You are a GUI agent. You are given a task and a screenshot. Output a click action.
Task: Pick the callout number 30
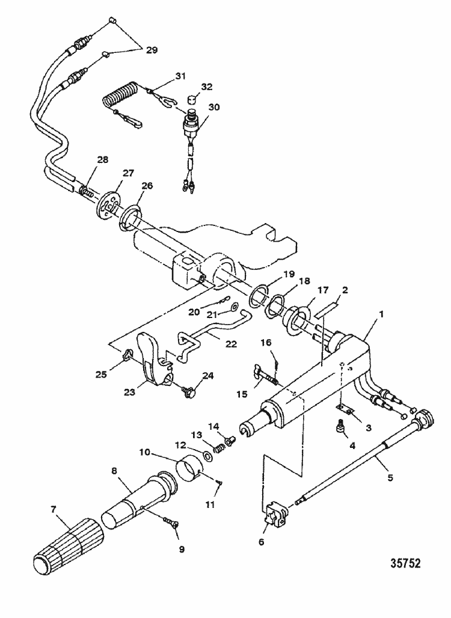pyautogui.click(x=213, y=107)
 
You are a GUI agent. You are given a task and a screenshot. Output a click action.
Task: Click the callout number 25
pyautogui.click(x=100, y=375)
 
